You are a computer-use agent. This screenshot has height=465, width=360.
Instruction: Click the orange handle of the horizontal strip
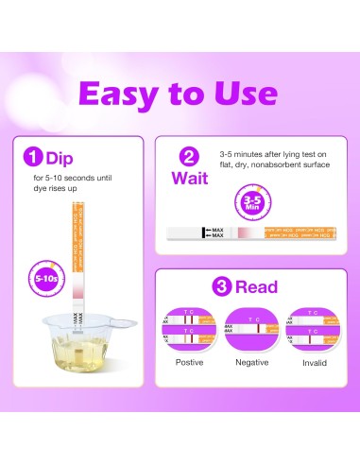point(299,232)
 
